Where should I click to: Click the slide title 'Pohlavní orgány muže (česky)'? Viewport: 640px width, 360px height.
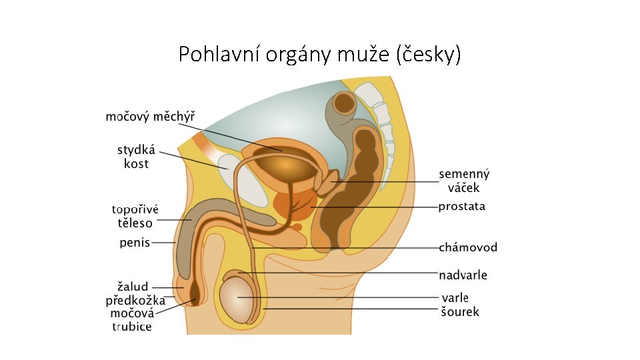pyautogui.click(x=319, y=54)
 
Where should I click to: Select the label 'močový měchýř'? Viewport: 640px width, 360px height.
pyautogui.click(x=151, y=117)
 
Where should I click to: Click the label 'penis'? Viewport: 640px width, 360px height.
pyautogui.click(x=135, y=243)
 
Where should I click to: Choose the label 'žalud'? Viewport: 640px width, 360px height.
pyautogui.click(x=133, y=287)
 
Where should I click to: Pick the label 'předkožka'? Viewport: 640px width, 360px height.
pyautogui.click(x=135, y=300)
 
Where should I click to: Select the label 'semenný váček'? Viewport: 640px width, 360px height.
pyautogui.click(x=463, y=181)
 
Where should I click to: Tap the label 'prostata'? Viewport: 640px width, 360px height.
pyautogui.click(x=461, y=207)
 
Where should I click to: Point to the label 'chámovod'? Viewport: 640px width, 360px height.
pyautogui.click(x=467, y=247)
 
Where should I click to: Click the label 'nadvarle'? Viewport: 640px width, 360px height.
pyautogui.click(x=463, y=275)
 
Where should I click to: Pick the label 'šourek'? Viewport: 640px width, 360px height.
pyautogui.click(x=459, y=311)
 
